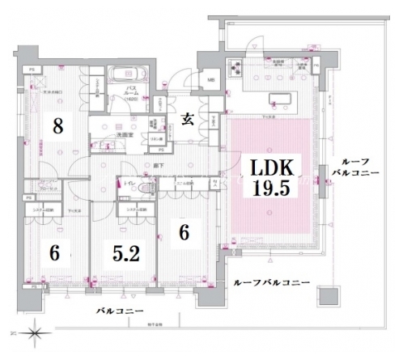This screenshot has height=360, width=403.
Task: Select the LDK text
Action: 271,168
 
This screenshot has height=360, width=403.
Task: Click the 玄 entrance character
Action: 188,120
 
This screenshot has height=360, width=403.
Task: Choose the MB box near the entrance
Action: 210,80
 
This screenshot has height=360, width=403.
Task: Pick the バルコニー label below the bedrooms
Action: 120,311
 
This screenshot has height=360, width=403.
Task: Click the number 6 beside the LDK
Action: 184,232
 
